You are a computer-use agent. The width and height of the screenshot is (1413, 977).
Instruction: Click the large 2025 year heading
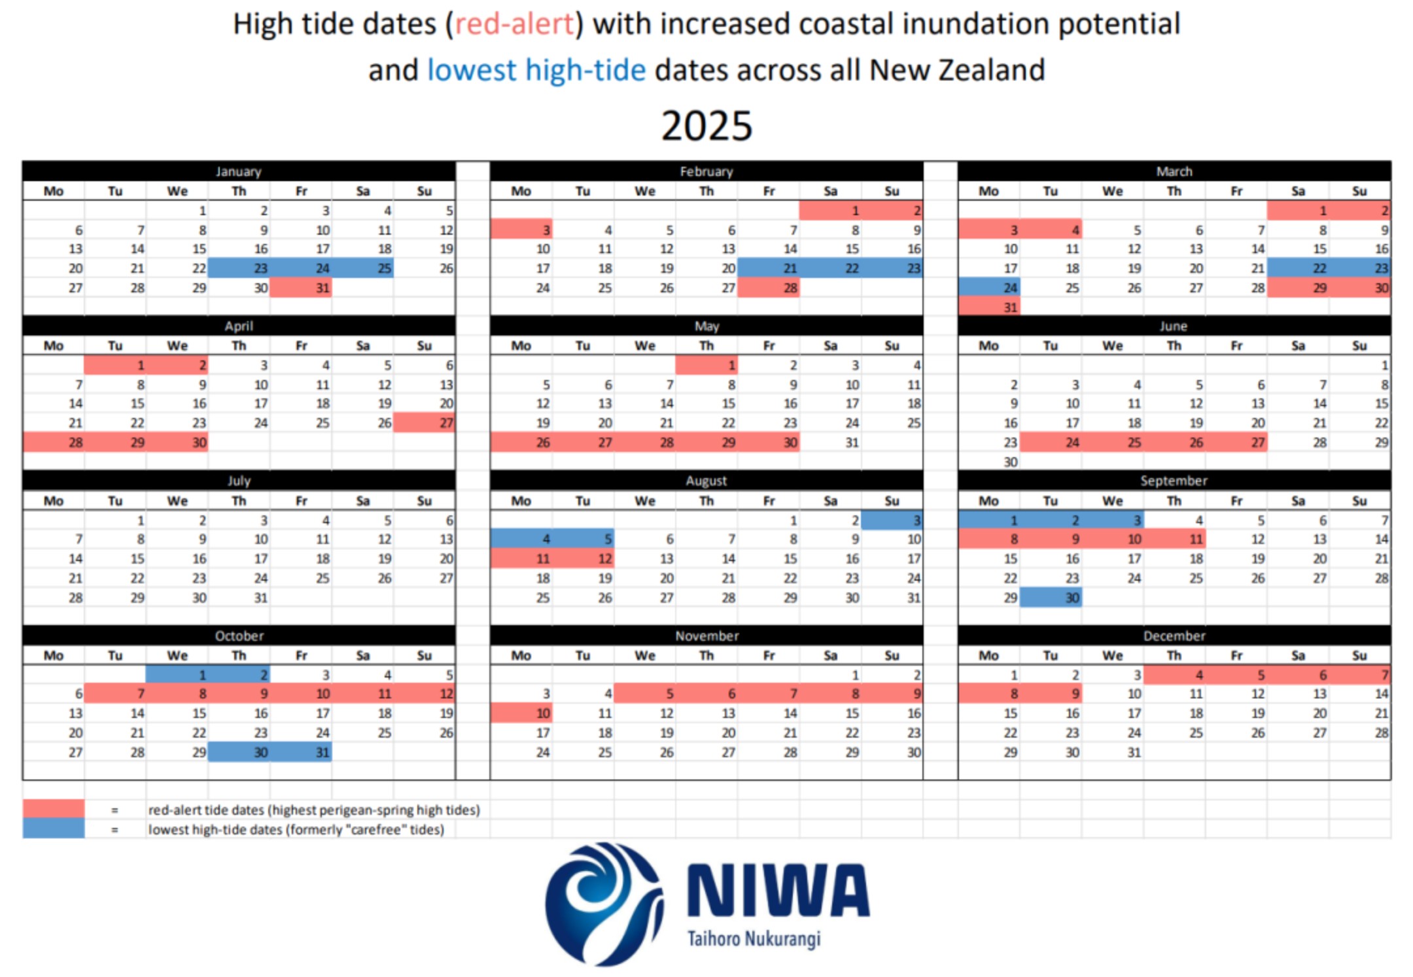(x=706, y=126)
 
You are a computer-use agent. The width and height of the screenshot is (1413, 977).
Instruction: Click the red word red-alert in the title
(x=514, y=25)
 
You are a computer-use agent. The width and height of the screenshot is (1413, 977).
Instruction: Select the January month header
(x=239, y=171)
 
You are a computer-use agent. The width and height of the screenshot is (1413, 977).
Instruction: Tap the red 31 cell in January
(x=301, y=288)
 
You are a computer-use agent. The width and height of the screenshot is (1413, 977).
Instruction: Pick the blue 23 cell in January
(x=239, y=268)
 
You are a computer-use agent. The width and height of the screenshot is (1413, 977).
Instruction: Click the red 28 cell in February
(x=769, y=288)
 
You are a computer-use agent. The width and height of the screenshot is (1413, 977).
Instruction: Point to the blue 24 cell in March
(x=989, y=288)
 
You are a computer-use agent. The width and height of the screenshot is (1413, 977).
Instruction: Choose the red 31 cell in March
(x=989, y=307)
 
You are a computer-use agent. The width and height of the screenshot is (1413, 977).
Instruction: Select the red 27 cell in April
(x=425, y=423)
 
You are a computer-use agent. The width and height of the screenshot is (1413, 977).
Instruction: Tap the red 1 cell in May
(x=706, y=366)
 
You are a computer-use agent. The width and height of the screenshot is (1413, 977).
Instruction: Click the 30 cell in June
(x=989, y=462)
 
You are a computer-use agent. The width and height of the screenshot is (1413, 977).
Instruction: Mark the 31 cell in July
(x=239, y=598)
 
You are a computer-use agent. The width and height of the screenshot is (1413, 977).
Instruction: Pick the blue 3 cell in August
(x=892, y=521)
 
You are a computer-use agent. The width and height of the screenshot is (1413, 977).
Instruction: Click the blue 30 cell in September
(x=1051, y=598)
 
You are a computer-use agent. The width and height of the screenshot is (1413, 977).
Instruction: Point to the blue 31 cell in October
(x=301, y=753)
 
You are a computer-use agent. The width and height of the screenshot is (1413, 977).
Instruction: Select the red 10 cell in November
(x=521, y=713)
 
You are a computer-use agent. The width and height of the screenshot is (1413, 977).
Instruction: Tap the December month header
(x=1174, y=636)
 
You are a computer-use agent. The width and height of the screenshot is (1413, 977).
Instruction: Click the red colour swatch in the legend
(x=54, y=810)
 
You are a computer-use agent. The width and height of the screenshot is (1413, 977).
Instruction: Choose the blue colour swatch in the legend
(x=54, y=829)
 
